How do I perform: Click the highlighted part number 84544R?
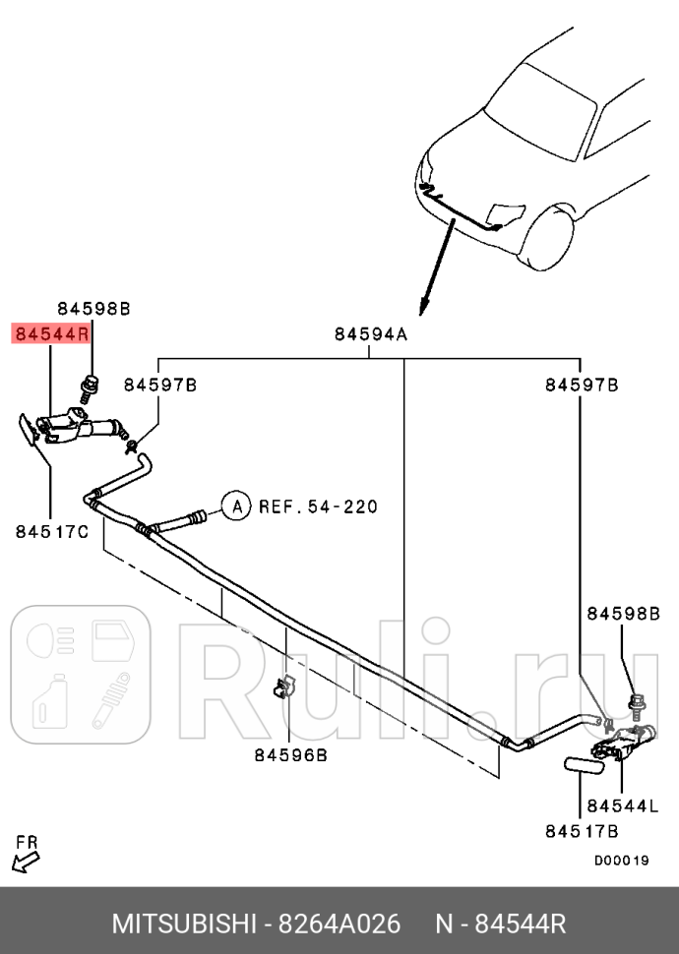51,334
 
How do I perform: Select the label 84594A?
370,334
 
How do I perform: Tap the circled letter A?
234,507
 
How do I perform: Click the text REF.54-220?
318,507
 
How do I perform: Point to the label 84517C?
52,531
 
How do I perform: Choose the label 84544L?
622,806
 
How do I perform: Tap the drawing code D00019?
621,861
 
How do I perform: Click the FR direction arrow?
26,858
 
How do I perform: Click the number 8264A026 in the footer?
338,925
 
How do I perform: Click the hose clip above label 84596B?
285,688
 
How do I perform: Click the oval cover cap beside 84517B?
585,764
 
